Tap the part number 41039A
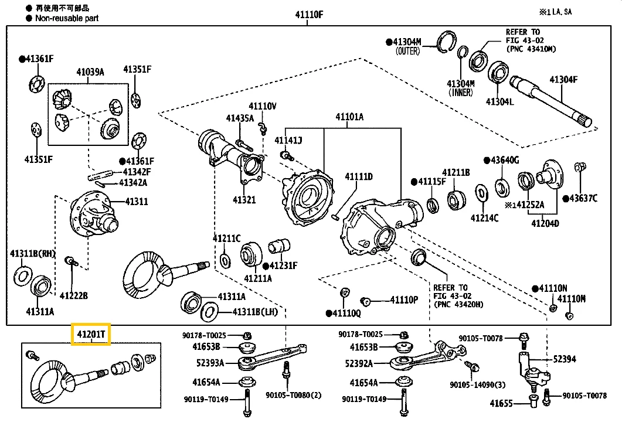(x=90, y=72)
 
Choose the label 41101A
(x=349, y=117)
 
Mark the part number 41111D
(x=358, y=176)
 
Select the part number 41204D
(x=545, y=223)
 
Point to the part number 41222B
(x=73, y=296)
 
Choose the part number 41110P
(x=404, y=300)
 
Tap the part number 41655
(x=501, y=403)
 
